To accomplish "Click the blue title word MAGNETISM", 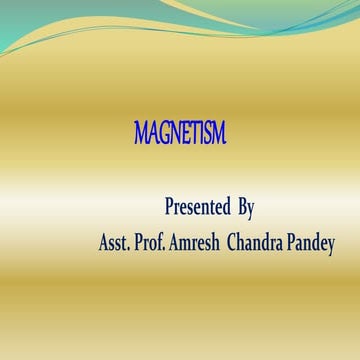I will [180, 132].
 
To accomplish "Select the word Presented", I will [198, 208].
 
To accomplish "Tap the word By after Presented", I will [246, 208].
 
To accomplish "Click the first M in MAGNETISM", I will [141, 132].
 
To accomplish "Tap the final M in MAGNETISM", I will [219, 132].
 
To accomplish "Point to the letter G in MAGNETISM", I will [163, 132].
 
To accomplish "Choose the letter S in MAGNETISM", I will [207, 132].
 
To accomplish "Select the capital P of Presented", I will [168, 208].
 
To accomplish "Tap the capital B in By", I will [242, 208].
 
